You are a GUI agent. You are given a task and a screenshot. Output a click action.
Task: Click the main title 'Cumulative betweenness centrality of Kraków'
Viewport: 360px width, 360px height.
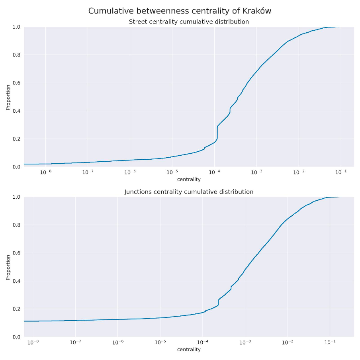tap(180, 11)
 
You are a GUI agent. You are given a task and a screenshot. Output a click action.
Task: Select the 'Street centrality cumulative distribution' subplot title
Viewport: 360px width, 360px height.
tap(189, 22)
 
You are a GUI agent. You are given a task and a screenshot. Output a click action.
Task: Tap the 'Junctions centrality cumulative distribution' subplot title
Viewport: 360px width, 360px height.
tap(189, 192)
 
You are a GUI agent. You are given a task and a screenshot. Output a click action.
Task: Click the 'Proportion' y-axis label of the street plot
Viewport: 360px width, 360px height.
tap(8, 97)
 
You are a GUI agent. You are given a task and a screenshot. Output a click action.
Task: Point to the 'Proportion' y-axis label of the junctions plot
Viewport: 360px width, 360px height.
tap(8, 267)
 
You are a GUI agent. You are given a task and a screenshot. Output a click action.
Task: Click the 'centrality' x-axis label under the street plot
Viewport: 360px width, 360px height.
tap(189, 179)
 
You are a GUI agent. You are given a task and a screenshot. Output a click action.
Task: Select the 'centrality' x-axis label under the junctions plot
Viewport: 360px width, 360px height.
tap(189, 349)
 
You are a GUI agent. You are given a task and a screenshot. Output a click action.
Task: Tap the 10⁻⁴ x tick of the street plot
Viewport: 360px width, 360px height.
tap(214, 172)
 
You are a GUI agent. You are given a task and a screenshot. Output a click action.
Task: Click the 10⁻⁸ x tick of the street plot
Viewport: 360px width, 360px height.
tap(45, 172)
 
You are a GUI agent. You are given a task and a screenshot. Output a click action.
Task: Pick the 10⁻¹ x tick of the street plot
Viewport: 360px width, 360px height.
tap(341, 172)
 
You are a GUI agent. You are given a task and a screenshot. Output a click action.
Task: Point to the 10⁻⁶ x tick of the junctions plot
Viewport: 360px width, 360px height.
tap(117, 342)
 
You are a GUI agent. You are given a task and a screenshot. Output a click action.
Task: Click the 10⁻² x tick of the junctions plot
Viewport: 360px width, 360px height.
tap(287, 342)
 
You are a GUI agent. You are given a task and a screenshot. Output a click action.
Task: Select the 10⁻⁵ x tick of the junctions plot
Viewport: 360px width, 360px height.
tap(160, 342)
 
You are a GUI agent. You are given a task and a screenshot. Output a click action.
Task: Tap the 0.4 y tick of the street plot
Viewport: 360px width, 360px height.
tap(16, 111)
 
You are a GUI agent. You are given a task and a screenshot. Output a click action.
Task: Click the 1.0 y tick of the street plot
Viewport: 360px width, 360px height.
tap(16, 27)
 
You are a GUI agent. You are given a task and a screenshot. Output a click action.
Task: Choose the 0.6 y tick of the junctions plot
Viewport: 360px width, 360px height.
tap(16, 253)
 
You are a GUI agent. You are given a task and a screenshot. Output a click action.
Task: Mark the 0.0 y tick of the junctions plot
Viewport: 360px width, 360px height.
tap(16, 337)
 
